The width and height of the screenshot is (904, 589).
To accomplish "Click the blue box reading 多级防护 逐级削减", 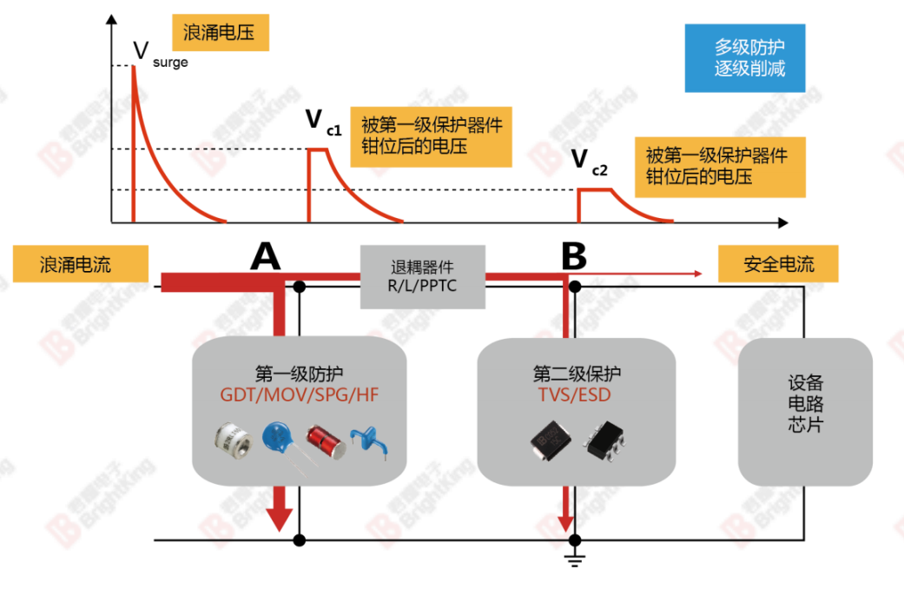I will pos(745,57).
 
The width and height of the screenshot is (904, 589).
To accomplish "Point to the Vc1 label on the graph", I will pos(322,121).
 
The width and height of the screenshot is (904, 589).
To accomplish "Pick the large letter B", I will pos(573,256).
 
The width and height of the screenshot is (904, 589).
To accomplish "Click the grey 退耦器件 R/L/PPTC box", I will pos(423,276).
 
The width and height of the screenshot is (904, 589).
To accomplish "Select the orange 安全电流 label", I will pos(778,264).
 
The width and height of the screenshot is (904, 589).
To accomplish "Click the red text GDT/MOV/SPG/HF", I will pos(300,394).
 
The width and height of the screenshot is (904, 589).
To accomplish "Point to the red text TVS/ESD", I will pos(577,394).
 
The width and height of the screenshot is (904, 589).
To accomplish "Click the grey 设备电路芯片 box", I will pos(805,411).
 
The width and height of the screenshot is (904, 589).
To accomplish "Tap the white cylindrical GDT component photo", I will pos(234,440).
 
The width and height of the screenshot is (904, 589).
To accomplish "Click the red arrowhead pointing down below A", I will pos(279,518).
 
